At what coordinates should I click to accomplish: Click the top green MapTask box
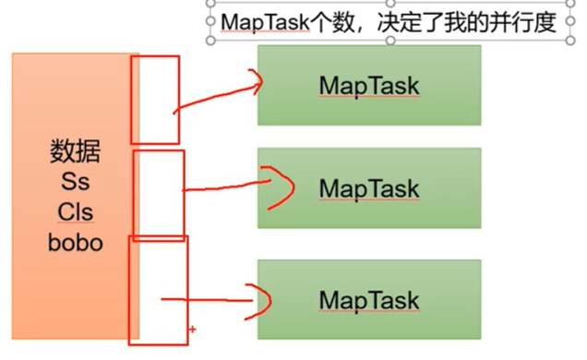pyautogui.click(x=368, y=84)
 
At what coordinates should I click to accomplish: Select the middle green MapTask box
pyautogui.click(x=368, y=188)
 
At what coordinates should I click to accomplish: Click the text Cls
pyautogui.click(x=75, y=213)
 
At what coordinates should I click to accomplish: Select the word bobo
pyautogui.click(x=75, y=244)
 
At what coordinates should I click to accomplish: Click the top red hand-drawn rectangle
pyautogui.click(x=154, y=100)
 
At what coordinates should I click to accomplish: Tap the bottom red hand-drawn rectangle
pyautogui.click(x=158, y=289)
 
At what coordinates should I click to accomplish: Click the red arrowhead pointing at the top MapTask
pyautogui.click(x=257, y=82)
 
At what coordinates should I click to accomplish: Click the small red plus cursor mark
pyautogui.click(x=192, y=329)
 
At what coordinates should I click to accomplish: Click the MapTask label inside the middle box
pyautogui.click(x=368, y=188)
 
